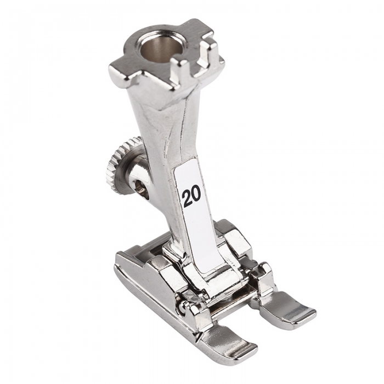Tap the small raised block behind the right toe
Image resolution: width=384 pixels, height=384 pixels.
point(265,274)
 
